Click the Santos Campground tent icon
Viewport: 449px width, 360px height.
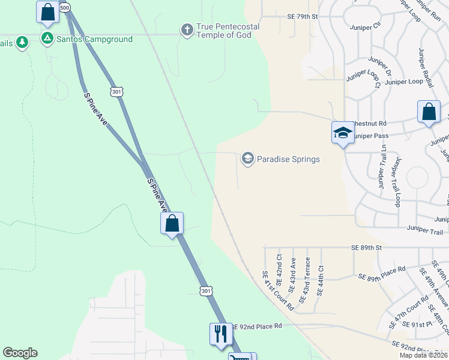47,39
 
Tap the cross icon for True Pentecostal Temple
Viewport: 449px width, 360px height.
187,29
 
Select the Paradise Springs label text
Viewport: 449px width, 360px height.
288,159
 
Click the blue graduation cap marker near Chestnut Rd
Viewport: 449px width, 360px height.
342,133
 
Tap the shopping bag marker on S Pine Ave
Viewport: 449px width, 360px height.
172,223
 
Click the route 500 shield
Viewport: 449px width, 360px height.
65,7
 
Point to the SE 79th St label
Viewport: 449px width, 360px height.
302,16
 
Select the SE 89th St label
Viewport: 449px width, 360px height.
367,247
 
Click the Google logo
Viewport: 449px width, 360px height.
20,353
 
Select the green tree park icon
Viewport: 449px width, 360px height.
22,42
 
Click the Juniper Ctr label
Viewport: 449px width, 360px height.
369,25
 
